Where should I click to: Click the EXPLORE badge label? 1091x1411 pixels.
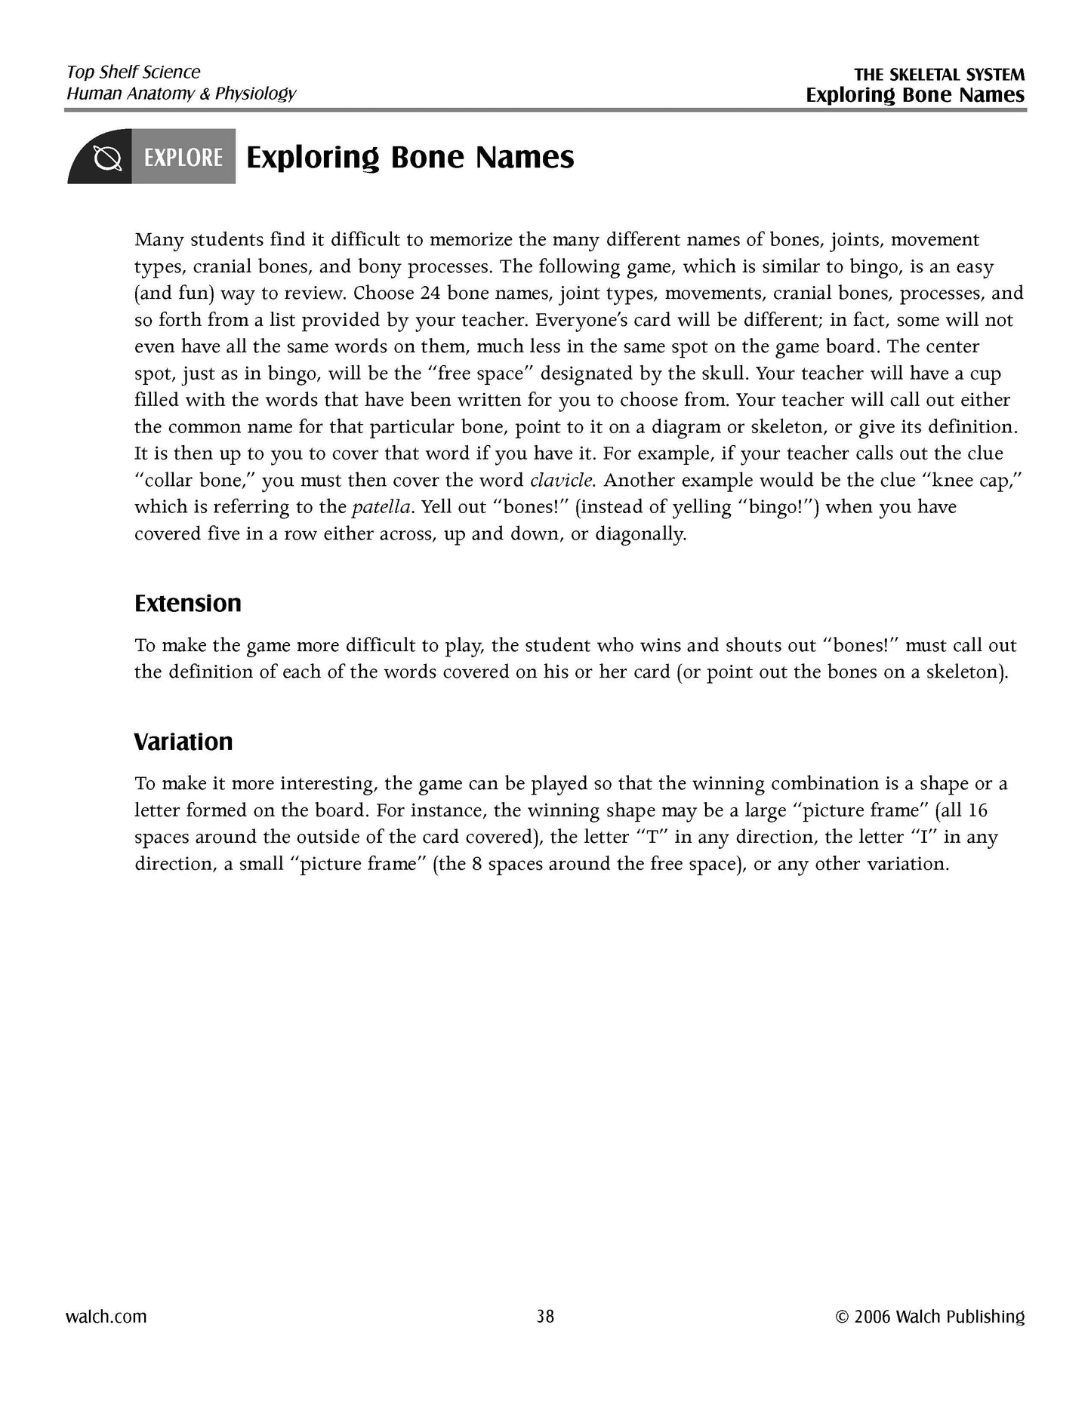pyautogui.click(x=183, y=158)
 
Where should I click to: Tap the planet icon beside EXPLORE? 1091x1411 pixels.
pyautogui.click(x=106, y=158)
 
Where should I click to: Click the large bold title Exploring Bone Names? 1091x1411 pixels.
pyautogui.click(x=410, y=157)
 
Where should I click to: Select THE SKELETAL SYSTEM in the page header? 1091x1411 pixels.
pyautogui.click(x=939, y=75)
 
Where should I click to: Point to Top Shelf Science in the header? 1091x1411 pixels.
pyautogui.click(x=134, y=72)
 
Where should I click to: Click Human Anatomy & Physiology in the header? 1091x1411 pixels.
pyautogui.click(x=181, y=94)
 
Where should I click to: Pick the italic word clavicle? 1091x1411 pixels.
pyautogui.click(x=562, y=481)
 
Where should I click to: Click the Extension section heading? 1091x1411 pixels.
pyautogui.click(x=188, y=604)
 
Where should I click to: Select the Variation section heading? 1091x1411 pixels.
pyautogui.click(x=183, y=742)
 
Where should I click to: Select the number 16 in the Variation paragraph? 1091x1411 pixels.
pyautogui.click(x=977, y=811)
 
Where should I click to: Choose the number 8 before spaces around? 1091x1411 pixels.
pyautogui.click(x=477, y=864)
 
